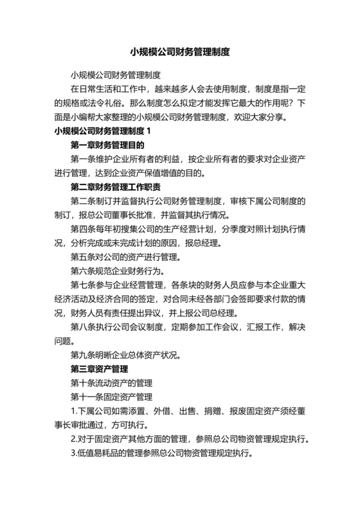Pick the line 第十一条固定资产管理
tap(111, 398)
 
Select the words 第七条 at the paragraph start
tap(83, 286)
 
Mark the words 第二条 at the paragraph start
tap(83, 202)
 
